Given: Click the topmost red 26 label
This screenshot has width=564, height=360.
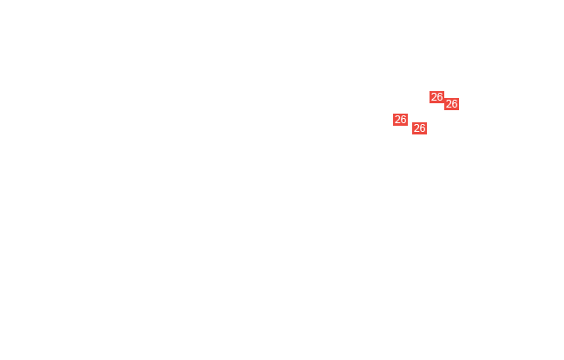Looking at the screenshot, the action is (x=436, y=97).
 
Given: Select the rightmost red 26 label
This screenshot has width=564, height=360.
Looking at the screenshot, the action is (x=451, y=104).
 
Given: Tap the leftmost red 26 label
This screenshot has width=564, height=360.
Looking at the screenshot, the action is (x=400, y=120).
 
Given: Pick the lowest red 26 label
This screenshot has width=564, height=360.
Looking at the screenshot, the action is (x=419, y=128).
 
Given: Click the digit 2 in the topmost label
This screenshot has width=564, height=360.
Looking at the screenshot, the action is (x=434, y=97).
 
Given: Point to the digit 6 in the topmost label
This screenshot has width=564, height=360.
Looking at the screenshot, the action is (x=440, y=97).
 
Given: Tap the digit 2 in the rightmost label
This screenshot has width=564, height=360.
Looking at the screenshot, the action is (x=449, y=104).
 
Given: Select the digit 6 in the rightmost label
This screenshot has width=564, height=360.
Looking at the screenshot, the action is (x=455, y=104).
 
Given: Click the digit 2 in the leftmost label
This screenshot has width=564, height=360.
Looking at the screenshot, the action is (x=397, y=120).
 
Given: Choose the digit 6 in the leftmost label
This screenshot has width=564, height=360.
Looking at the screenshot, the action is (x=403, y=120).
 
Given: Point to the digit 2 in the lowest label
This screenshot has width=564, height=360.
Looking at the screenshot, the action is (x=416, y=128).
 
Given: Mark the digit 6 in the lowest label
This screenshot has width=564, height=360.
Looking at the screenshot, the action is (x=423, y=128).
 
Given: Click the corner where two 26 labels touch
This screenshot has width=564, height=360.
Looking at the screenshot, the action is (x=444, y=101).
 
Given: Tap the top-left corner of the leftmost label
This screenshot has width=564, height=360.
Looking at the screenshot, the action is (x=393, y=114).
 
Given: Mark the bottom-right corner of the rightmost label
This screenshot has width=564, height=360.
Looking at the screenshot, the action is (x=459, y=110).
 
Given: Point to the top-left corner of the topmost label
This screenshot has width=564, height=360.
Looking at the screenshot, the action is (x=430, y=91).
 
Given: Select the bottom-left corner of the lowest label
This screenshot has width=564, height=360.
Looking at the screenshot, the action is (x=412, y=134).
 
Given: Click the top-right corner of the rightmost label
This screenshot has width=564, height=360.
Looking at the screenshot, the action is (x=459, y=98).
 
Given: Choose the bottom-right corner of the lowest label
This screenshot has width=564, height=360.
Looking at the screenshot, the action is (x=427, y=134).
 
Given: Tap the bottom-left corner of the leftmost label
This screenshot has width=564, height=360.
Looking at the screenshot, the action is (x=393, y=126).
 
